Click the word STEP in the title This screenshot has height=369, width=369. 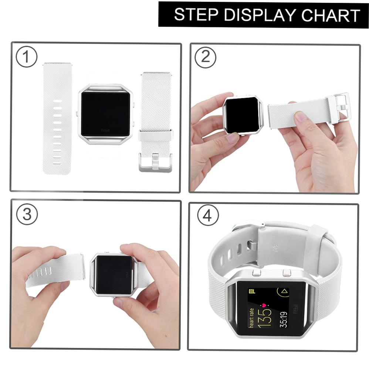pyautogui.click(x=196, y=14)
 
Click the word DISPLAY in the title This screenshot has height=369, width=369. pyautogui.click(x=260, y=14)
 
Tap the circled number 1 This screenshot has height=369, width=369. pyautogui.click(x=26, y=57)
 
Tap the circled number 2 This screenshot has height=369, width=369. pyautogui.click(x=206, y=57)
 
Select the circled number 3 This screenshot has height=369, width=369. pyautogui.click(x=27, y=214)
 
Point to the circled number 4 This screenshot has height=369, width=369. pyautogui.click(x=207, y=215)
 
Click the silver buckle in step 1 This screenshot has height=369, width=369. pyautogui.click(x=155, y=163)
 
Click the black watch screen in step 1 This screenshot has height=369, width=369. pyautogui.click(x=105, y=114)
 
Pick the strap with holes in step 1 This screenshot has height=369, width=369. pyautogui.click(x=57, y=118)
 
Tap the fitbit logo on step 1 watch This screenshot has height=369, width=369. pyautogui.click(x=105, y=131)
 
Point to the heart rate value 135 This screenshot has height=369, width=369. pyautogui.click(x=264, y=318)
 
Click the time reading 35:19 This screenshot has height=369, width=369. pyautogui.click(x=284, y=319)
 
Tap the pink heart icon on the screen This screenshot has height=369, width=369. pyautogui.click(x=264, y=305)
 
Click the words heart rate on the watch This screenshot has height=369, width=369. pyautogui.click(x=251, y=318)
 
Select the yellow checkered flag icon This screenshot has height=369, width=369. pyautogui.click(x=251, y=291)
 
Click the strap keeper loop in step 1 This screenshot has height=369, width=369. pyautogui.click(x=156, y=136)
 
